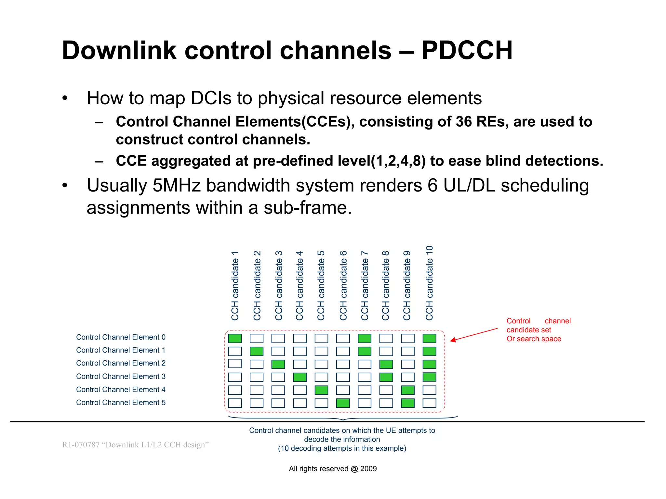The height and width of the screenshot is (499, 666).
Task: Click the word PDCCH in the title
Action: (x=467, y=51)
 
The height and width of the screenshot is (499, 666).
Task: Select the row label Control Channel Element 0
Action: (x=121, y=337)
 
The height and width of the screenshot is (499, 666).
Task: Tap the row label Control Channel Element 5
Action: (x=121, y=403)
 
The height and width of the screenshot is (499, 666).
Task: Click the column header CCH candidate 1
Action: (x=235, y=286)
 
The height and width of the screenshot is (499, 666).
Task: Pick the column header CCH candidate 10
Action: (x=429, y=283)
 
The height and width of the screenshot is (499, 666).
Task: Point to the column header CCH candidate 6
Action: (x=343, y=286)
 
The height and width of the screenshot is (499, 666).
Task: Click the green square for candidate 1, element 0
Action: (x=235, y=338)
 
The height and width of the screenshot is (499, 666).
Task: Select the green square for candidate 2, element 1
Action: (x=257, y=351)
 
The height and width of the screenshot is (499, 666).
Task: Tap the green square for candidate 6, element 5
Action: (x=343, y=403)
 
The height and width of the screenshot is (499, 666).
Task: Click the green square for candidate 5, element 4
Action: (x=321, y=390)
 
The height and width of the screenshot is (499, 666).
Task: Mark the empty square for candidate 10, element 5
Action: (x=429, y=403)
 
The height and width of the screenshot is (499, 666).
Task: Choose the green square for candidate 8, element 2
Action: (x=386, y=364)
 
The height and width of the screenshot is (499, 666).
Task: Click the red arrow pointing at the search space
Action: (x=474, y=334)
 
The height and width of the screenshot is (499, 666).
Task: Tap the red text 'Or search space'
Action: (x=534, y=339)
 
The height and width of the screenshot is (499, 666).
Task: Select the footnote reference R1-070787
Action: (x=81, y=445)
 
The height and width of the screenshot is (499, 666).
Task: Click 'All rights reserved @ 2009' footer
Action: (x=333, y=469)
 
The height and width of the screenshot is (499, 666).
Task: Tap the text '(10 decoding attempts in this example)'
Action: (x=342, y=448)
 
